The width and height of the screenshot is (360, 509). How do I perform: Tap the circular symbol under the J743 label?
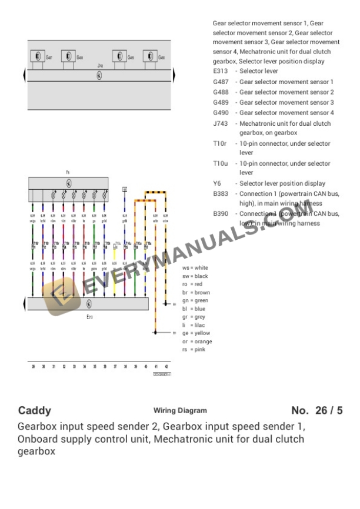point(99,76)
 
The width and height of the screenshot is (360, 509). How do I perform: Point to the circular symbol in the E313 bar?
point(89,304)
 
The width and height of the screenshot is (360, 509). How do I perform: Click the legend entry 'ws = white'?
point(195,268)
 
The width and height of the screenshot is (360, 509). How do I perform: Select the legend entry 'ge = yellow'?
point(196,333)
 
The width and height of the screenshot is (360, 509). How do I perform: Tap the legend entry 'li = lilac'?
point(194,325)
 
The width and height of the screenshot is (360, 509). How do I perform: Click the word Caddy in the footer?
point(35,411)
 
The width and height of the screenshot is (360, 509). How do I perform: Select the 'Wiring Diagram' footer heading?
point(180,411)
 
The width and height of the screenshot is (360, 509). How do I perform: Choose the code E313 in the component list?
point(221,71)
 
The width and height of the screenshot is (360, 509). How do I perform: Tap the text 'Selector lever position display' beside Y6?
point(282,183)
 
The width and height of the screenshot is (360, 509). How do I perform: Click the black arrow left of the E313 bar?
point(24,304)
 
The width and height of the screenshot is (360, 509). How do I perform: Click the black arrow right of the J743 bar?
point(174,76)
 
